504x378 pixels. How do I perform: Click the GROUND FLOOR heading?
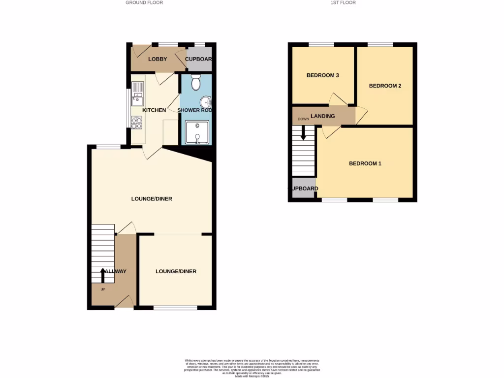point(144,3)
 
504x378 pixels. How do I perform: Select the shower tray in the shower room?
point(197,132)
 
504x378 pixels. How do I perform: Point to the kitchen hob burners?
point(136,122)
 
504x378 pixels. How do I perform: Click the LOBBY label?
point(157,59)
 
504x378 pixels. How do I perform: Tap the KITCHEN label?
point(154,110)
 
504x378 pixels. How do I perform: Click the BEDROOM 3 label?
point(322,75)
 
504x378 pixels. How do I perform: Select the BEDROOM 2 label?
point(385,86)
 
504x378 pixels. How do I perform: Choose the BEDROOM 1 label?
point(365,163)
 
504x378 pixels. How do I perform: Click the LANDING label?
point(322,116)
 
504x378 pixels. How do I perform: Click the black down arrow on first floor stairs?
point(303,132)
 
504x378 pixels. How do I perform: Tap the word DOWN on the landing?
point(303,119)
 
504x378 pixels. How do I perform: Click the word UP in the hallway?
point(103,289)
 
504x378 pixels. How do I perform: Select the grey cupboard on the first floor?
point(302,189)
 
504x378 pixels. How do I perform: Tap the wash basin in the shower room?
point(207,102)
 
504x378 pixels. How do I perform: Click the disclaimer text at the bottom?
point(252,368)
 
